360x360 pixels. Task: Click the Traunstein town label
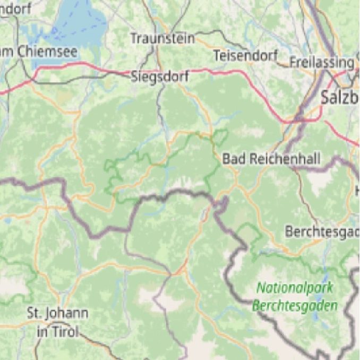[x=162, y=38]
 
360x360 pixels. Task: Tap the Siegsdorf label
[x=160, y=77]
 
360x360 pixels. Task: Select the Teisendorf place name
[x=245, y=55]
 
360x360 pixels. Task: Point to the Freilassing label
[x=321, y=62]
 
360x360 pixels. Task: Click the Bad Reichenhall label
[x=263, y=158]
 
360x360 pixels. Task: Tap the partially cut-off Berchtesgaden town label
[x=322, y=232]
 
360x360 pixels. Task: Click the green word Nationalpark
[x=295, y=288]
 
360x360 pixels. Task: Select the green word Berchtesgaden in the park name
[x=295, y=306]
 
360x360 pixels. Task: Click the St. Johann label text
[x=57, y=313]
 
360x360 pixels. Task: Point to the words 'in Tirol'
[x=57, y=332]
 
